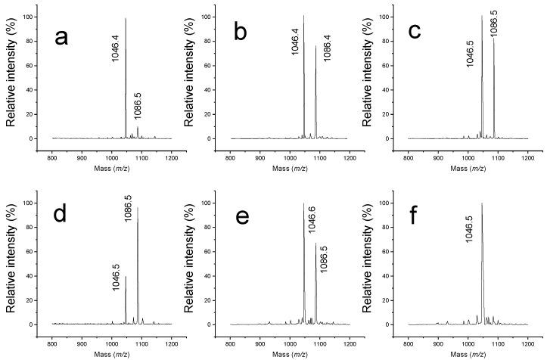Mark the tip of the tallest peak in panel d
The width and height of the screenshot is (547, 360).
pyautogui.click(x=138, y=208)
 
